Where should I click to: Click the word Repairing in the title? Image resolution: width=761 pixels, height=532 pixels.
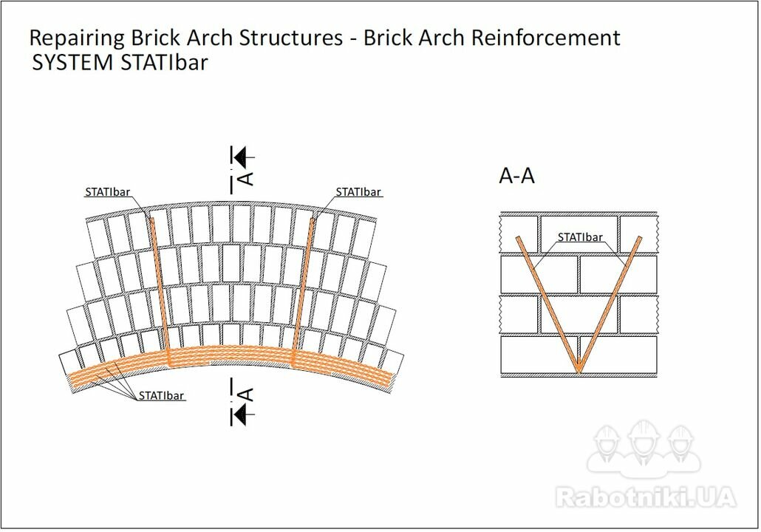[x=78, y=38]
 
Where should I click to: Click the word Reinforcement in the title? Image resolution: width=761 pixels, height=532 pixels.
[x=545, y=38]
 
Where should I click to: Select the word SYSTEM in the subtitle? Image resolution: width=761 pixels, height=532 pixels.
[x=72, y=63]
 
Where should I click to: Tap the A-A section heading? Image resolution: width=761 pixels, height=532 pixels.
[x=517, y=175]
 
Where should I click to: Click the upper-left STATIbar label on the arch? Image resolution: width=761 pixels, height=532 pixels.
[x=108, y=191]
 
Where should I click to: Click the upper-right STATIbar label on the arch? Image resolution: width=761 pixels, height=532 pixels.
[x=358, y=191]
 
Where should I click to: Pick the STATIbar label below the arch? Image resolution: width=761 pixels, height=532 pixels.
[x=161, y=395]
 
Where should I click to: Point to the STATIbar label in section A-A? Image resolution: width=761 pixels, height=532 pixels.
[x=580, y=237]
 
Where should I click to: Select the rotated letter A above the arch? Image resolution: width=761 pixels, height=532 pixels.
[x=247, y=178]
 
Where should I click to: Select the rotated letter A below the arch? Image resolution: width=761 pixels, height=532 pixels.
[x=247, y=394]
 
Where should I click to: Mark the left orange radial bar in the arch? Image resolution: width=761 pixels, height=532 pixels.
[x=160, y=290]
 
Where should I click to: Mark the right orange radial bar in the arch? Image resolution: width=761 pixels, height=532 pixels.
[x=302, y=290]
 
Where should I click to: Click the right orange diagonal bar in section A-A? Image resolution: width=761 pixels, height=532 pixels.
[x=610, y=304]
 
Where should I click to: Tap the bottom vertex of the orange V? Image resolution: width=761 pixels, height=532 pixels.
[x=579, y=372]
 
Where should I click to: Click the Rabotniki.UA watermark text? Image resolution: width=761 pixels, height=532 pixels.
[x=646, y=497]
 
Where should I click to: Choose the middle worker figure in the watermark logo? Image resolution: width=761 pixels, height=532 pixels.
[x=644, y=443]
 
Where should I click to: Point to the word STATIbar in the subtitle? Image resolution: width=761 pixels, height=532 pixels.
[x=164, y=63]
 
